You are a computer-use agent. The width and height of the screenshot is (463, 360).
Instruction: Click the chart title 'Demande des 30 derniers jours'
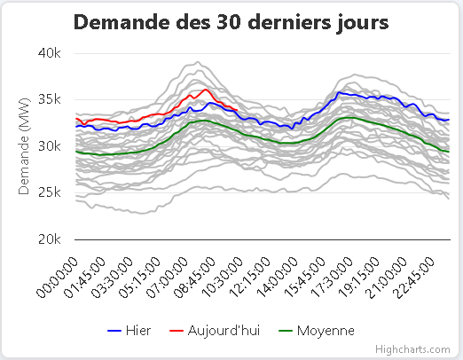231,23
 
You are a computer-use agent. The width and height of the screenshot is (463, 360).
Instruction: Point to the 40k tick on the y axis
49,52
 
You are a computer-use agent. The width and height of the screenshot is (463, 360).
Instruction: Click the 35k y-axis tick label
49,99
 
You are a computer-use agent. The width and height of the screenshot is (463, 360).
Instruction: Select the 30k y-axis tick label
49,146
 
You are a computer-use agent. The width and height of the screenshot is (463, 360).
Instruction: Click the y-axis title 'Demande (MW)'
25,146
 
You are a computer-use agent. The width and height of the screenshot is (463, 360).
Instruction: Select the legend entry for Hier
129,331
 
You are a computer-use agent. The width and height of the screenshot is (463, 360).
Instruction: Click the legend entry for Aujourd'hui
209,331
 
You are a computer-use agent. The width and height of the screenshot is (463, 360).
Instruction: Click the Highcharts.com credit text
412,350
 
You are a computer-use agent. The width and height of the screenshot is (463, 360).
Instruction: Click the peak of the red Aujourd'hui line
206,90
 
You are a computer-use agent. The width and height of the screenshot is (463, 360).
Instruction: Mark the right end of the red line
234,110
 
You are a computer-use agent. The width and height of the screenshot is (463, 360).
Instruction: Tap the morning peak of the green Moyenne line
202,120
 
